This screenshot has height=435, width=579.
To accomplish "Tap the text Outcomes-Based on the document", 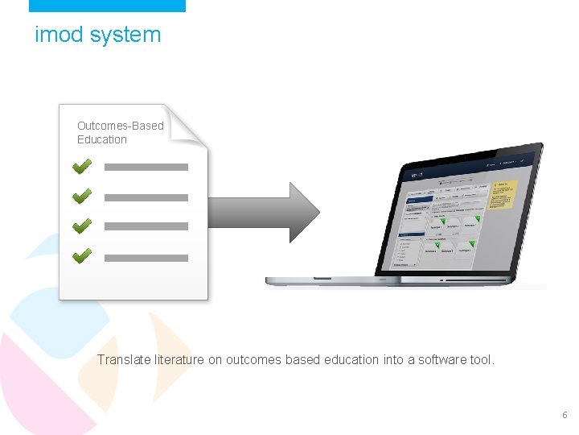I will (120, 126).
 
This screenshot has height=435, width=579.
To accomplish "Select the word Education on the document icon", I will (102, 139).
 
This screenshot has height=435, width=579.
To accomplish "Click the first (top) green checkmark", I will (82, 166).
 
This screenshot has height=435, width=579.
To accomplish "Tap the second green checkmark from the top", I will (82, 196).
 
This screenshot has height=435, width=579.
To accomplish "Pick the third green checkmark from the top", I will (82, 226).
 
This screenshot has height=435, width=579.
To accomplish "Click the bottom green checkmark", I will (82, 256).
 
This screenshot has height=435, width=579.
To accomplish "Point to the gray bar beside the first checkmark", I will (146, 168).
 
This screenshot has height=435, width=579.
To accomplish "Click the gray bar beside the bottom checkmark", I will (146, 259).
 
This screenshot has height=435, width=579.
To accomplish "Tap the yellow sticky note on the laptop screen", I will (501, 196).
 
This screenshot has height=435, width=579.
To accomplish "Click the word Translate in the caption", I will (123, 359).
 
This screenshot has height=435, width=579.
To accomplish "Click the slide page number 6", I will (564, 415).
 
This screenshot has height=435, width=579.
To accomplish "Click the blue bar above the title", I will (107, 6).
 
